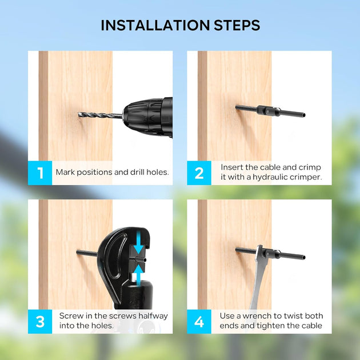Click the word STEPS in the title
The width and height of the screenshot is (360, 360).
[x=237, y=25]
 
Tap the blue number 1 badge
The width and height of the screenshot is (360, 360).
[x=40, y=173]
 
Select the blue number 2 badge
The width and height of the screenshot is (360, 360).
[x=199, y=173]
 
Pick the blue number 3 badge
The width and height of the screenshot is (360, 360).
[x=40, y=321]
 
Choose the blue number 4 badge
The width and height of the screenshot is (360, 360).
[x=199, y=321]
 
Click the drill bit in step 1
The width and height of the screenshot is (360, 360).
[x=100, y=114]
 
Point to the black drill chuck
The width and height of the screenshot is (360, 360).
[x=147, y=118]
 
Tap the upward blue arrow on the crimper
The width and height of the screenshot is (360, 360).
[x=138, y=275]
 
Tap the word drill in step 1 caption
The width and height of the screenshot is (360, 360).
[x=137, y=172]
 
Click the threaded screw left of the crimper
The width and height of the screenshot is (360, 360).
[x=87, y=253]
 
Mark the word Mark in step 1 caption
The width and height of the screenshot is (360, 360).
[x=65, y=172]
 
